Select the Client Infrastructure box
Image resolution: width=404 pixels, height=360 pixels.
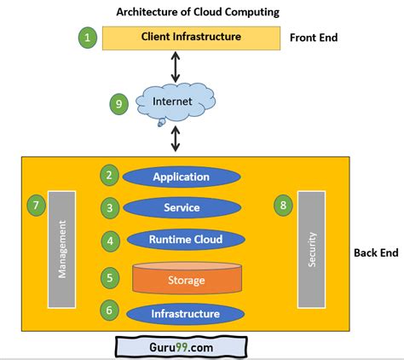191,38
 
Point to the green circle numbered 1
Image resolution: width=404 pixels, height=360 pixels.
87,38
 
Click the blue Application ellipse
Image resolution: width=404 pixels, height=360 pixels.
181,177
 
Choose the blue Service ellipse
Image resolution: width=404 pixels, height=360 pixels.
181,207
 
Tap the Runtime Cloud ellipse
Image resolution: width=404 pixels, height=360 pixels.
181,240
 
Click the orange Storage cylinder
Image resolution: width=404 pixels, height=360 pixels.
181,279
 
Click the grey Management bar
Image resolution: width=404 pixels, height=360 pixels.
62,250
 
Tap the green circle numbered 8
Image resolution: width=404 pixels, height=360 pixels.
284,205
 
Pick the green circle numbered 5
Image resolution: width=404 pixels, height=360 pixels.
109,277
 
